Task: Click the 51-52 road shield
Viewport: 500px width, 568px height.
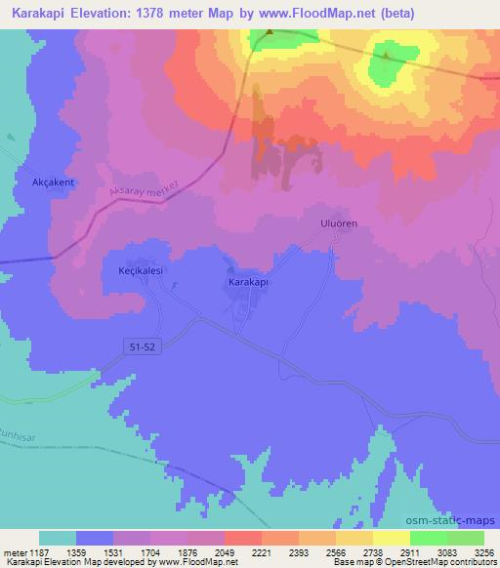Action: pos(142,346)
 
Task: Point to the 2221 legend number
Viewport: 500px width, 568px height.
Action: pos(261,551)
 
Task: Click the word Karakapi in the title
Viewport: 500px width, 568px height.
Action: pos(37,14)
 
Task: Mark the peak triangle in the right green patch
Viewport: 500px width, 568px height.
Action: pos(386,56)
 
